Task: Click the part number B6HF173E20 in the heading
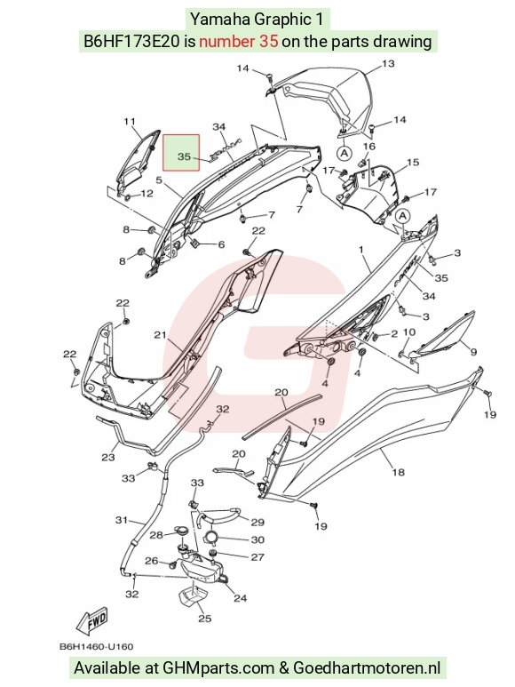[x=131, y=41]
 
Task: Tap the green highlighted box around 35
[x=181, y=153]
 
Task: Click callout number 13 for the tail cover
[x=388, y=64]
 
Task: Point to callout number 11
[x=130, y=122]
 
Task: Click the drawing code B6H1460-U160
[x=96, y=647]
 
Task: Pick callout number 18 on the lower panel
[x=398, y=472]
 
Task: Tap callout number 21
[x=160, y=335]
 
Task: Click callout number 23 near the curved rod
[x=108, y=458]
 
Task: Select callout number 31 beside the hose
[x=121, y=520]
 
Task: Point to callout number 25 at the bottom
[x=205, y=619]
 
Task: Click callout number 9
[x=473, y=351]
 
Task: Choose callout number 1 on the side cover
[x=361, y=250]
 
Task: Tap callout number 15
[x=413, y=163]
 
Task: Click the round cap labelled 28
[x=180, y=531]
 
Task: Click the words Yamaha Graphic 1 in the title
[x=257, y=20]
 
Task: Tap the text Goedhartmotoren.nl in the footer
[x=367, y=667]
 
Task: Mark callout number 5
[x=159, y=180]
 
